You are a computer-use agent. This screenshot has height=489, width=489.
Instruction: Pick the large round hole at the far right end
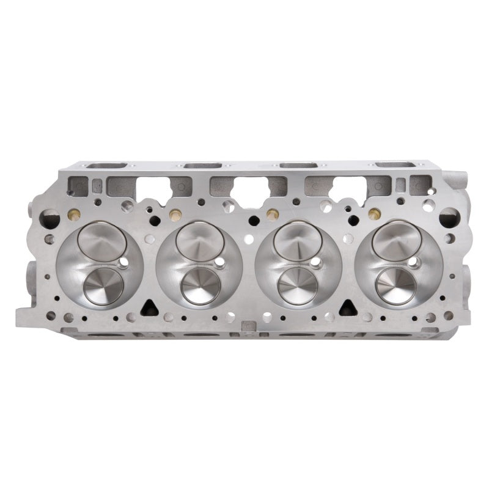point(447,216)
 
